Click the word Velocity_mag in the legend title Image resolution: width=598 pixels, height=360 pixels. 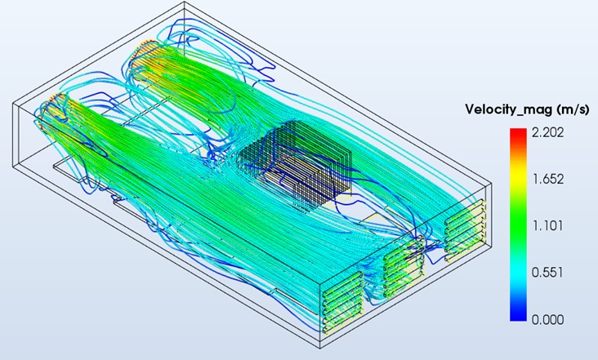tap(508, 109)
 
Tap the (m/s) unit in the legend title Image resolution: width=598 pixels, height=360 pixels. tap(573, 109)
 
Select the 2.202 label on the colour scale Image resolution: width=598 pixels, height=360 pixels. tap(547, 132)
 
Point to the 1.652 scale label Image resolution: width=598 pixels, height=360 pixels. tap(547, 179)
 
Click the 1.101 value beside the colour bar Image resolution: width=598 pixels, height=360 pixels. tap(547, 226)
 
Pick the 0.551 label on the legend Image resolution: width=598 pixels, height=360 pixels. tap(547, 273)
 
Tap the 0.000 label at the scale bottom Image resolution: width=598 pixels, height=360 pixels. tap(547, 319)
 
